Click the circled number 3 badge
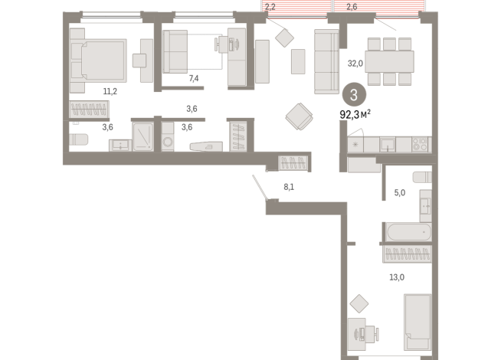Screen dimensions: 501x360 click(354, 95)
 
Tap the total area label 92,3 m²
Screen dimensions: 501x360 click(355, 114)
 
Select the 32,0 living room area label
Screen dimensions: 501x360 click(355, 64)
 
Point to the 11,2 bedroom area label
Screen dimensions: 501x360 click(110, 91)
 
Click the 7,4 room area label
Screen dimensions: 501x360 click(194, 78)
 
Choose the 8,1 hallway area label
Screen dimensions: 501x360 click(289, 187)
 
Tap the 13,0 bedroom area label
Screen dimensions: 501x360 click(397, 277)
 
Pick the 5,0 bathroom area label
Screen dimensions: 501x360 click(400, 192)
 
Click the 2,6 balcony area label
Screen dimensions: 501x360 click(352, 6)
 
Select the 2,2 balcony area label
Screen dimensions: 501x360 click(270, 6)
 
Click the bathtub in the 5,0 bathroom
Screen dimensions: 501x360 click(408, 232)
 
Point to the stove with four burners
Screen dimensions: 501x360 click(420, 144)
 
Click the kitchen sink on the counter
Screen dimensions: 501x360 click(388, 145)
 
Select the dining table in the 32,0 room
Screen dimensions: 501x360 click(389, 61)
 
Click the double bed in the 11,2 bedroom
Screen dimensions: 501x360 click(98, 61)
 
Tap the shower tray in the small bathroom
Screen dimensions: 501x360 click(143, 137)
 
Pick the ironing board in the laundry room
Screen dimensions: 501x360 click(206, 146)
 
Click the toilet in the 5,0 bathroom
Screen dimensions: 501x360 click(422, 178)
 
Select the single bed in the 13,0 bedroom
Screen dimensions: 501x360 click(417, 322)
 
